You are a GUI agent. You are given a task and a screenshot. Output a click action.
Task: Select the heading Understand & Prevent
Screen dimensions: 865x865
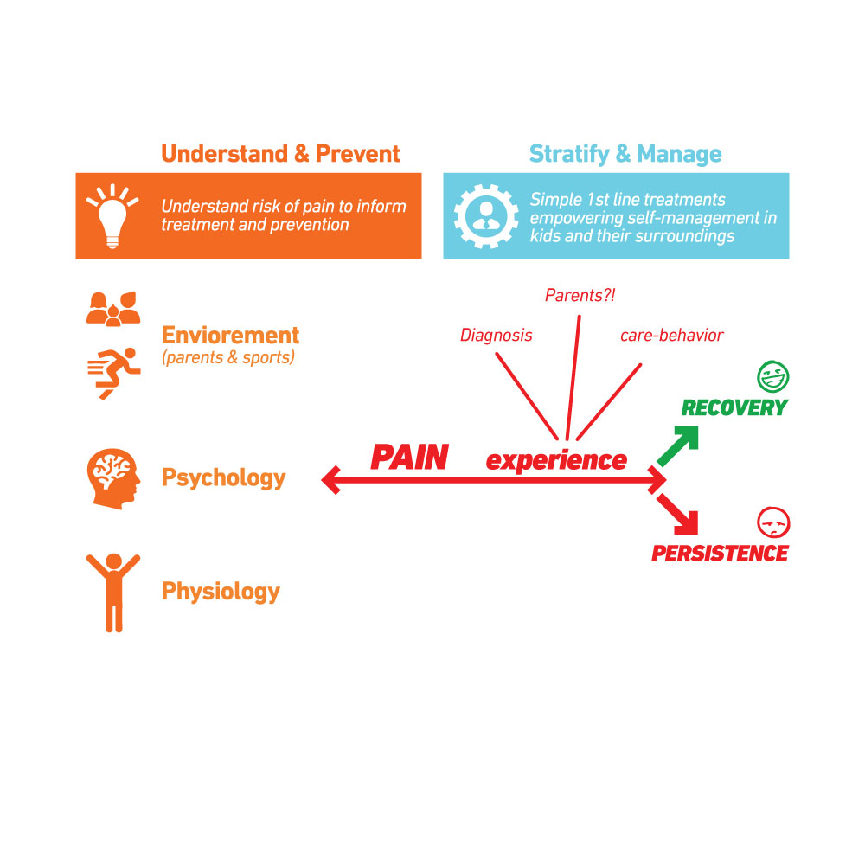[x=280, y=154]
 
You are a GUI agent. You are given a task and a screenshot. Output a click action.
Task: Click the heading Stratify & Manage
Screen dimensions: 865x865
[x=625, y=154]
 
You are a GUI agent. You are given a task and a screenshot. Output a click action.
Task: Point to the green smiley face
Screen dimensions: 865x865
[x=773, y=376]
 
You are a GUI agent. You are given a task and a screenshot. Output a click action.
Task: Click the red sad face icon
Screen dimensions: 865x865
[x=773, y=522]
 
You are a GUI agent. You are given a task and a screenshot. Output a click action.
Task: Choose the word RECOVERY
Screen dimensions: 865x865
[x=734, y=407]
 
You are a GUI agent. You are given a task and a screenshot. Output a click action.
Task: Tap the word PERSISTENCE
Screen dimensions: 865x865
[x=720, y=554]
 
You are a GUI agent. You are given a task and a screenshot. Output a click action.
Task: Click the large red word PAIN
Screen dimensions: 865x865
[x=409, y=458]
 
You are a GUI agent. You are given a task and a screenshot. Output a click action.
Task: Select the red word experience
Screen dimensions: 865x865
[x=556, y=460]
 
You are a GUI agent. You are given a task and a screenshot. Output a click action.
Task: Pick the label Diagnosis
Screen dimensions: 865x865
[x=496, y=336]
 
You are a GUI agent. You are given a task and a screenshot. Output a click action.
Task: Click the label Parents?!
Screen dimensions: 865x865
[x=580, y=296]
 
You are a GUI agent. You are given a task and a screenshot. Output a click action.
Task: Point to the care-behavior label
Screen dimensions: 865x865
[x=671, y=336]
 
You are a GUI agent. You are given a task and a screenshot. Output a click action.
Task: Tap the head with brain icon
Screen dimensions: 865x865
[x=112, y=477]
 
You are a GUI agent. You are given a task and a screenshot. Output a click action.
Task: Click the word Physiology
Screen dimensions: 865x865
[x=221, y=592]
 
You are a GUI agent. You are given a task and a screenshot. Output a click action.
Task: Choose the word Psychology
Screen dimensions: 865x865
[x=223, y=477]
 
